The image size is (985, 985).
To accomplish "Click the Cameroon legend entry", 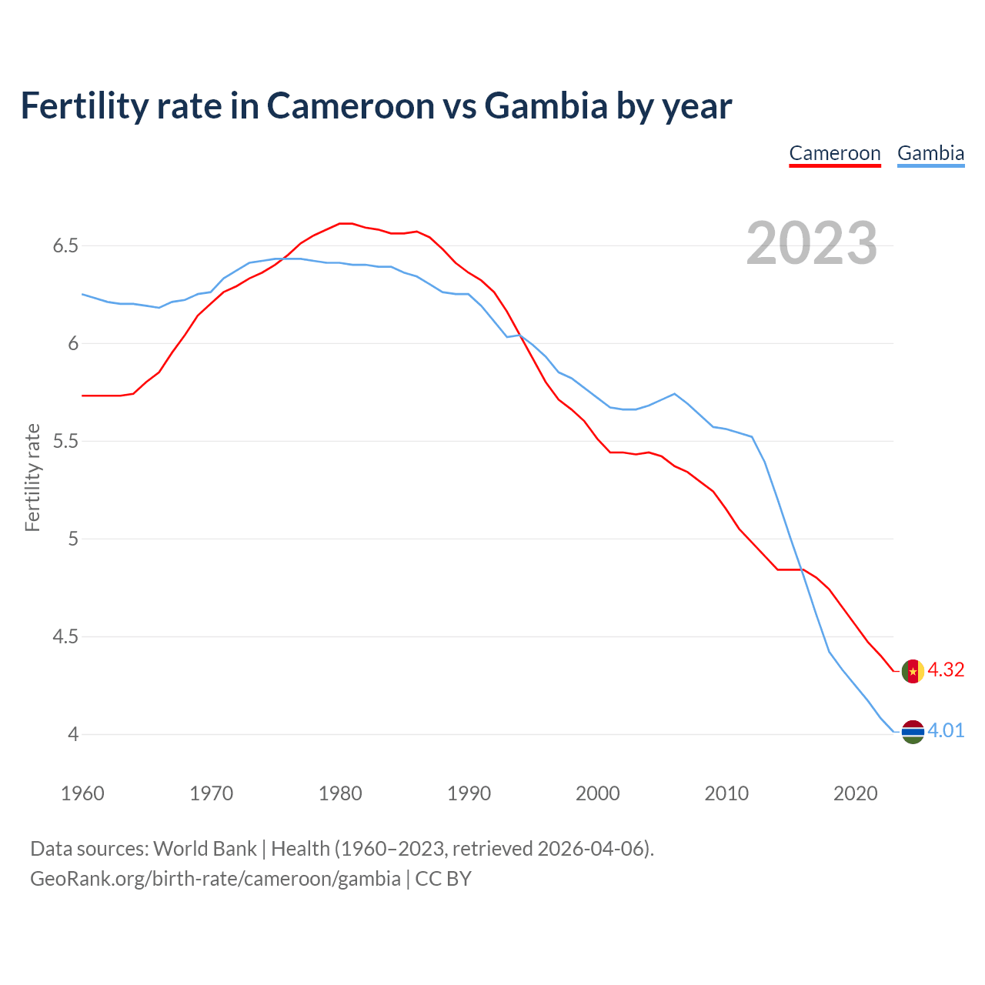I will pos(835,153).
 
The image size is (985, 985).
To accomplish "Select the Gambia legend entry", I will pos(930,153).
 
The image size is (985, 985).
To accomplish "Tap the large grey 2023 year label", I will pos(812,243).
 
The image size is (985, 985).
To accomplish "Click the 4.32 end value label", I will pos(946,669).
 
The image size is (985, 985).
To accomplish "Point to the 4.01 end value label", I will pos(946,730).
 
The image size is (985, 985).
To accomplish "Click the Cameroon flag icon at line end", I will pos(913,671).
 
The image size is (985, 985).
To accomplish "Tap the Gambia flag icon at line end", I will pos(913,732).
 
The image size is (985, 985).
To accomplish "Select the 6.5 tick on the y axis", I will pos(65,246).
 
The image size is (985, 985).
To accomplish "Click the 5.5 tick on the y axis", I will pos(65,442).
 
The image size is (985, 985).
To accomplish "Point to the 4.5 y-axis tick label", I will pos(65,637).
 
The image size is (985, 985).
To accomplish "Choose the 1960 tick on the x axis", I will pos(82,793).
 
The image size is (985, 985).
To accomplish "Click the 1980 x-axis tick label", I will pos(340,793).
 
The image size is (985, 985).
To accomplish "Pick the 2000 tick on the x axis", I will pos(598,793).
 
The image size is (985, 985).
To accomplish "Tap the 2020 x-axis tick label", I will pos(855,793).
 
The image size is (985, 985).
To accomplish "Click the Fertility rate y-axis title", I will pos(32,477).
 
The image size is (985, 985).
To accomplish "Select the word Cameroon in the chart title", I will pos(350,105).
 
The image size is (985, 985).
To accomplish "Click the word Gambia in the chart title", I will pos(546,105).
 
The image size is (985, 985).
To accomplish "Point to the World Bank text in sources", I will pos(205,849).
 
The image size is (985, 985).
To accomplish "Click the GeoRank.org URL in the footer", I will pos(215,879).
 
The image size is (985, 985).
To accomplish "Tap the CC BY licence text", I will pos(443,879).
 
